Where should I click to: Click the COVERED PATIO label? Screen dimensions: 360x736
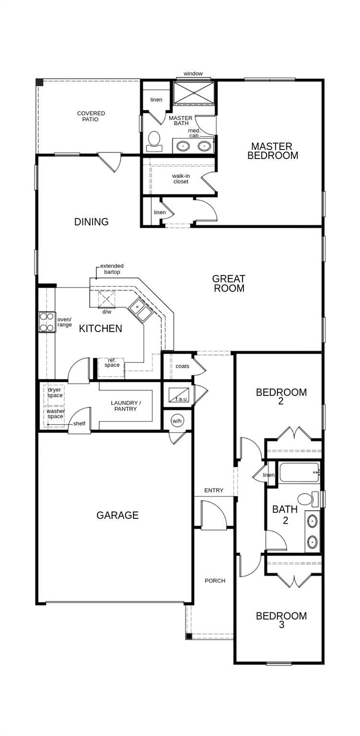click(x=91, y=116)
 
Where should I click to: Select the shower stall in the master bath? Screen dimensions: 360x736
click(x=194, y=93)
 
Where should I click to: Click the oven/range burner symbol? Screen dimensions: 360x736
click(x=46, y=322)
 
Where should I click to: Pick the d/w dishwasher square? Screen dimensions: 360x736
click(x=106, y=299)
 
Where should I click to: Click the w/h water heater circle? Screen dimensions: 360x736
click(x=177, y=421)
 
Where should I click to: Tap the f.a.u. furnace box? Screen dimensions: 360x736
click(x=178, y=395)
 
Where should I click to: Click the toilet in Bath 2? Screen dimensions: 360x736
click(x=308, y=499)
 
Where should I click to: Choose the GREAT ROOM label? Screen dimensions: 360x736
click(x=229, y=284)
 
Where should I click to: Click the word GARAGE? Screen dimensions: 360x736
click(x=117, y=515)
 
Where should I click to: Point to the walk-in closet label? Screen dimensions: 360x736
click(x=181, y=179)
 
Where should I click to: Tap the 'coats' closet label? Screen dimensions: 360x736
click(x=183, y=366)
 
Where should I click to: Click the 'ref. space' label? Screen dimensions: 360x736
click(x=112, y=363)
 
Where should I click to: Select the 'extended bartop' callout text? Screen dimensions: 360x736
click(x=112, y=269)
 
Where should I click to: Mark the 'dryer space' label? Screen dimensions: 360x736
click(x=55, y=392)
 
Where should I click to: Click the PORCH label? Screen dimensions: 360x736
click(x=215, y=581)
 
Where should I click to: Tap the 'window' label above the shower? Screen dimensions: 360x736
click(x=193, y=74)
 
